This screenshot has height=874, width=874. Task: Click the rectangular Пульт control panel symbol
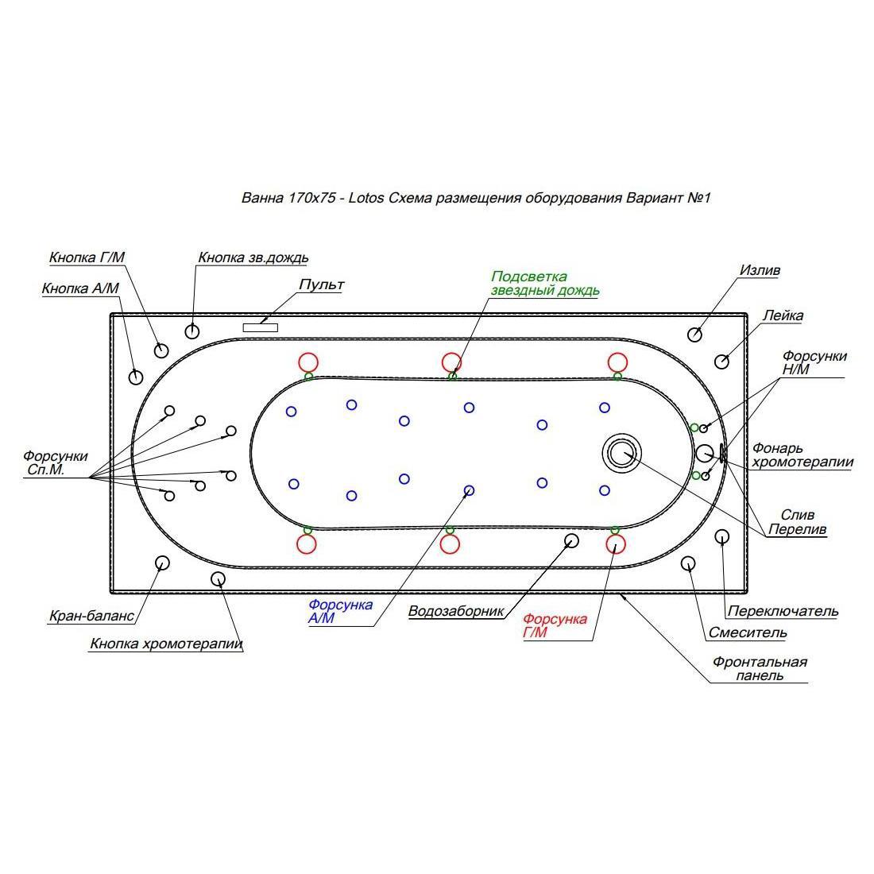click(261, 327)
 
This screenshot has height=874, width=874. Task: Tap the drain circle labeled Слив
click(622, 452)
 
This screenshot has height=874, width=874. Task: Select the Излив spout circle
click(694, 335)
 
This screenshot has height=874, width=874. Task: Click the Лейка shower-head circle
click(721, 362)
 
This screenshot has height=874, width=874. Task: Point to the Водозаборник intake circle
click(571, 540)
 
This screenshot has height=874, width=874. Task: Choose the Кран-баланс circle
click(161, 563)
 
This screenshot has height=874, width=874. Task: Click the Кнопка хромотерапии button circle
click(218, 578)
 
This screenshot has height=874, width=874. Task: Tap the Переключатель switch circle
click(721, 537)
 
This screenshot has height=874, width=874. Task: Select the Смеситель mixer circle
click(688, 563)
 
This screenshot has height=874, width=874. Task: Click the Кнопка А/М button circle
click(135, 377)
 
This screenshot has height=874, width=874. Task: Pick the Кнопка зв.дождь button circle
click(191, 331)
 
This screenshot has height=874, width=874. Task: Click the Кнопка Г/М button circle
click(161, 350)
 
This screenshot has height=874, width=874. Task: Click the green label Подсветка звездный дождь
click(544, 283)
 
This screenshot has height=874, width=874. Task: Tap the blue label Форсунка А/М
click(340, 612)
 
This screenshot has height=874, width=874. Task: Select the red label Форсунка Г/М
click(555, 625)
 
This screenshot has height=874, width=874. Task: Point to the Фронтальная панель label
click(759, 669)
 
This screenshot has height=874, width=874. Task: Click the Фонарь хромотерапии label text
click(802, 454)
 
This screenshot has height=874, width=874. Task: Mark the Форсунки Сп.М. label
click(55, 462)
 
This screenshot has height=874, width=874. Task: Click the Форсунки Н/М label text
click(814, 362)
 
